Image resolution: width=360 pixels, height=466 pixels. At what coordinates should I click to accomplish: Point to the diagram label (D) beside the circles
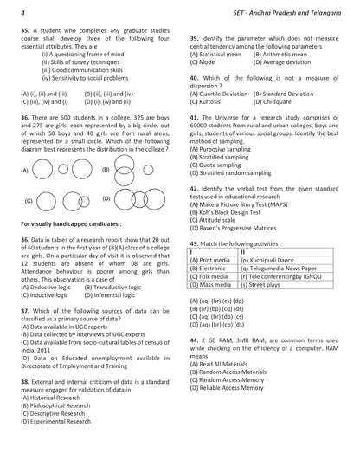[105, 198]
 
